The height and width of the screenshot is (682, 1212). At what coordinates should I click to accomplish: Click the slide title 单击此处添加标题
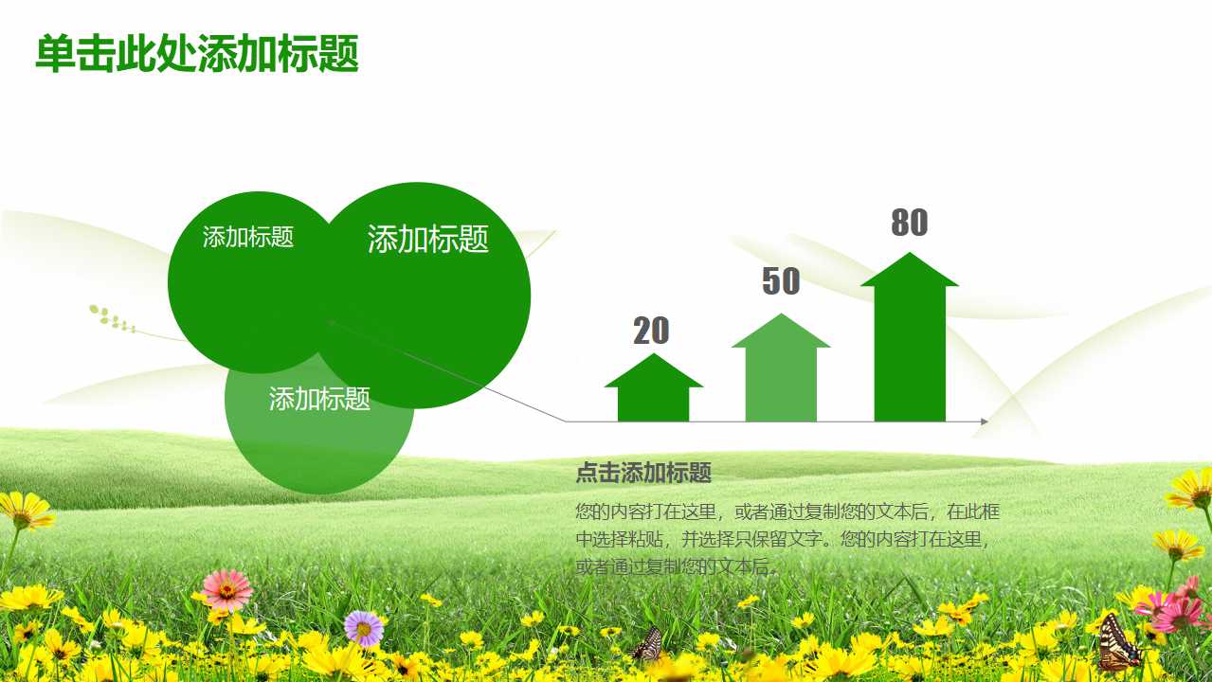click(197, 54)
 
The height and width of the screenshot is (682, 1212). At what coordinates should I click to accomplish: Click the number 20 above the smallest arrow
click(651, 331)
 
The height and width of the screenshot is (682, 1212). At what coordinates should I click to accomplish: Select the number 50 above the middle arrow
click(781, 281)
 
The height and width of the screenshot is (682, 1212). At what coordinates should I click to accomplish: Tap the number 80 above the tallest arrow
click(909, 223)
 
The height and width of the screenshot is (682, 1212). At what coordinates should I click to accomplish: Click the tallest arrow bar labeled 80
click(910, 341)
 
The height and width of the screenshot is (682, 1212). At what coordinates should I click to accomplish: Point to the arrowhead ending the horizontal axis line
click(985, 422)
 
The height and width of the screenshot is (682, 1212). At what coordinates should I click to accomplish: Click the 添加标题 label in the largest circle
click(427, 239)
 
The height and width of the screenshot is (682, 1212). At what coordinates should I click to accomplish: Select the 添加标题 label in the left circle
click(248, 237)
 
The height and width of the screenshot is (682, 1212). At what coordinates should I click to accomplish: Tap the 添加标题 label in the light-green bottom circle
click(319, 399)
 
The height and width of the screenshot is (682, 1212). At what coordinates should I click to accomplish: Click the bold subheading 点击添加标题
click(643, 473)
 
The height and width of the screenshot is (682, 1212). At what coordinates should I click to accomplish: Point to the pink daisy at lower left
click(226, 589)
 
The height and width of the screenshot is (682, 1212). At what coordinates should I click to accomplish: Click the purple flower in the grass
click(364, 627)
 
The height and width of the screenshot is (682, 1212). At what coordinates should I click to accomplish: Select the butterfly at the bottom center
click(647, 644)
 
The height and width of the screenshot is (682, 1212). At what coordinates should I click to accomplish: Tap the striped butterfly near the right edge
click(1118, 643)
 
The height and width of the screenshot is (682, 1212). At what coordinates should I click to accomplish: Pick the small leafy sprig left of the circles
click(112, 319)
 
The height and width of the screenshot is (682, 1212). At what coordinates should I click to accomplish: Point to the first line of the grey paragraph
click(787, 512)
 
